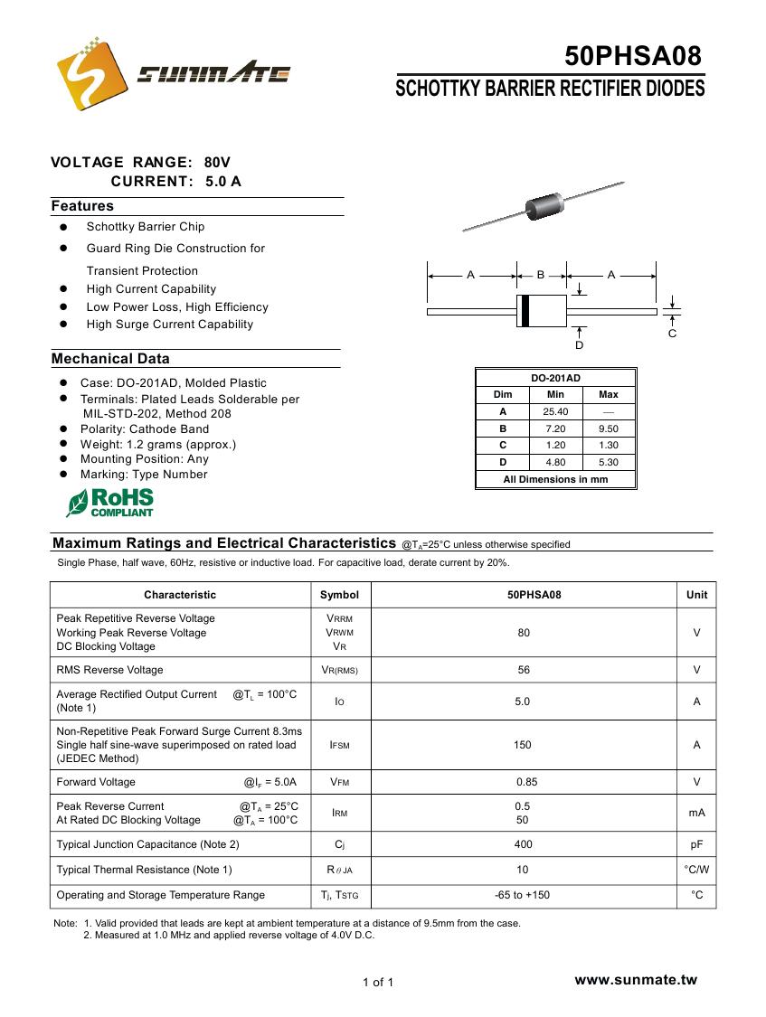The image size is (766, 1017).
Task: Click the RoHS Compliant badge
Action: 110,503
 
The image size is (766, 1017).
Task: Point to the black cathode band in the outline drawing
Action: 524,310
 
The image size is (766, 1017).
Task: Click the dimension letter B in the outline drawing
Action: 541,274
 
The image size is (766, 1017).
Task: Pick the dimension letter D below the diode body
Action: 580,345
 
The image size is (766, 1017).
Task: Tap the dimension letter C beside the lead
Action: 672,334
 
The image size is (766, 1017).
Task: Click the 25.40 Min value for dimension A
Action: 555,411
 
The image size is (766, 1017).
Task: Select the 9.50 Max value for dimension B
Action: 609,428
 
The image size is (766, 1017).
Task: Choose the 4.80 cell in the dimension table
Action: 555,462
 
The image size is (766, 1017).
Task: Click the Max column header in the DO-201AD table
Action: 609,394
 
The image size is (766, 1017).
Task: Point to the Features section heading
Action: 82,206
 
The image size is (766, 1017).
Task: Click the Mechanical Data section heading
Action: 110,359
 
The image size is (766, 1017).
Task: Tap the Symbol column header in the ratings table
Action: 339,595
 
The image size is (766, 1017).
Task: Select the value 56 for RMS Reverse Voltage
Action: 524,670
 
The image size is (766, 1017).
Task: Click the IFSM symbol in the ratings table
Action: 339,745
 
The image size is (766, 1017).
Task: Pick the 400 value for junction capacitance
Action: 524,844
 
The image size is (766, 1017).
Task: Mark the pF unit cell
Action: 696,844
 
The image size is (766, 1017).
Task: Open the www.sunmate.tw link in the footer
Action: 636,980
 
